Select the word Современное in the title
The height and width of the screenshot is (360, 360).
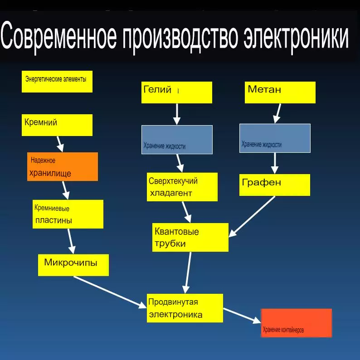point(58,35)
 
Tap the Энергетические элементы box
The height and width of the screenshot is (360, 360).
point(57,82)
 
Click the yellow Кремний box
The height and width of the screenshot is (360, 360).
point(57,125)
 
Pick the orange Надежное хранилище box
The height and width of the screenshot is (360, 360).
point(63,166)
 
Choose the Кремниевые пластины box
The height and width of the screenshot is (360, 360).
point(68,214)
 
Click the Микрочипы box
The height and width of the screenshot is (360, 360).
point(73,265)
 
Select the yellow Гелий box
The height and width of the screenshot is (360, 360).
point(177,92)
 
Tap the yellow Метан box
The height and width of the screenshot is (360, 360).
point(280,92)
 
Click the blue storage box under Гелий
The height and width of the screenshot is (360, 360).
point(177,140)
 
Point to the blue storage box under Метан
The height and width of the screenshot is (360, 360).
point(275,138)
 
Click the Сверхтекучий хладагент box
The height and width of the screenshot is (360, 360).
point(182,187)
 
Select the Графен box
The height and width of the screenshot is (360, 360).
point(275,185)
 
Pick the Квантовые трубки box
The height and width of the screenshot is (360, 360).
point(190,237)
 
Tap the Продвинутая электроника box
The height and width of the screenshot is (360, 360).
point(185,308)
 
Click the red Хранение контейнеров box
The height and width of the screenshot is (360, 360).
point(297,323)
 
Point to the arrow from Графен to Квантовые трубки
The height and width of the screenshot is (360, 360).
point(252,217)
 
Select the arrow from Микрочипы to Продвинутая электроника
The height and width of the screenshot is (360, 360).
point(110,292)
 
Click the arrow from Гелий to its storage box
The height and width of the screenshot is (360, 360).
point(177,114)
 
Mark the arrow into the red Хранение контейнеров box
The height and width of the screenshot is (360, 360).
point(242,316)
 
